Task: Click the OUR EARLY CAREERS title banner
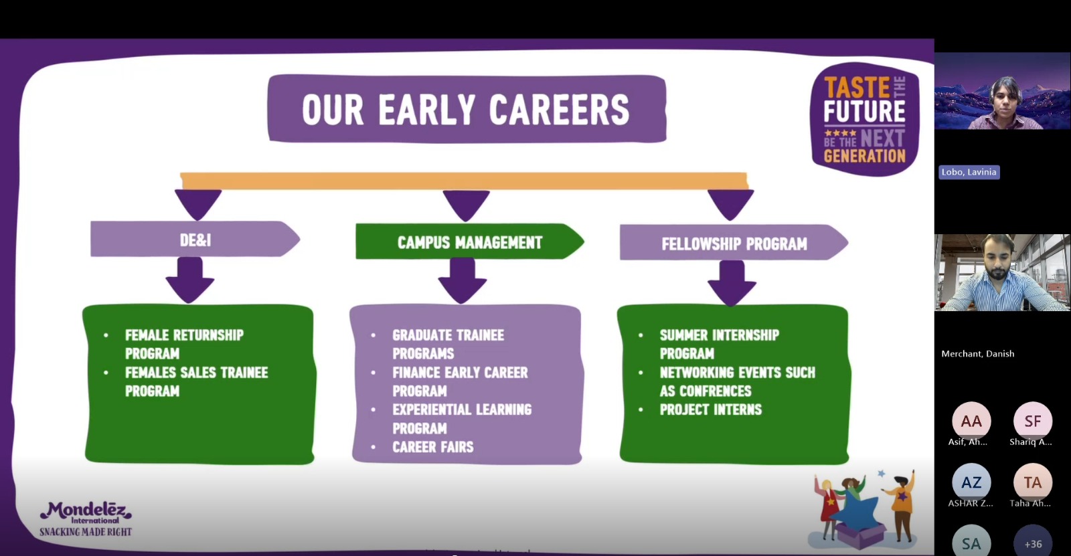pyautogui.click(x=467, y=108)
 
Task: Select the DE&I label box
pyautogui.click(x=195, y=239)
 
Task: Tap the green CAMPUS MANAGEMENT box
pyautogui.click(x=469, y=242)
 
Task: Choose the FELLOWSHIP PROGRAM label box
pyautogui.click(x=734, y=243)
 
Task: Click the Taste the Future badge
pyautogui.click(x=864, y=119)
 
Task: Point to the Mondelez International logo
pyautogui.click(x=86, y=519)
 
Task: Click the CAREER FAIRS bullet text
pyautogui.click(x=432, y=447)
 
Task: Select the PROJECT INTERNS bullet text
pyautogui.click(x=710, y=409)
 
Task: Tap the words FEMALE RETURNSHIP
pyautogui.click(x=184, y=335)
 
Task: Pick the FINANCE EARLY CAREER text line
pyautogui.click(x=460, y=373)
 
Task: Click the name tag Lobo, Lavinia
pyautogui.click(x=969, y=172)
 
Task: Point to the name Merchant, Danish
pyautogui.click(x=978, y=354)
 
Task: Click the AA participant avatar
pyautogui.click(x=971, y=422)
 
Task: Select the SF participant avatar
pyautogui.click(x=1033, y=422)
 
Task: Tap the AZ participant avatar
pyautogui.click(x=971, y=482)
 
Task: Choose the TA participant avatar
pyautogui.click(x=1033, y=482)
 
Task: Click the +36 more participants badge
pyautogui.click(x=1033, y=543)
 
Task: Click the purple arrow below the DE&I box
pyautogui.click(x=190, y=280)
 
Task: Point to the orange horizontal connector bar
pyautogui.click(x=464, y=181)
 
